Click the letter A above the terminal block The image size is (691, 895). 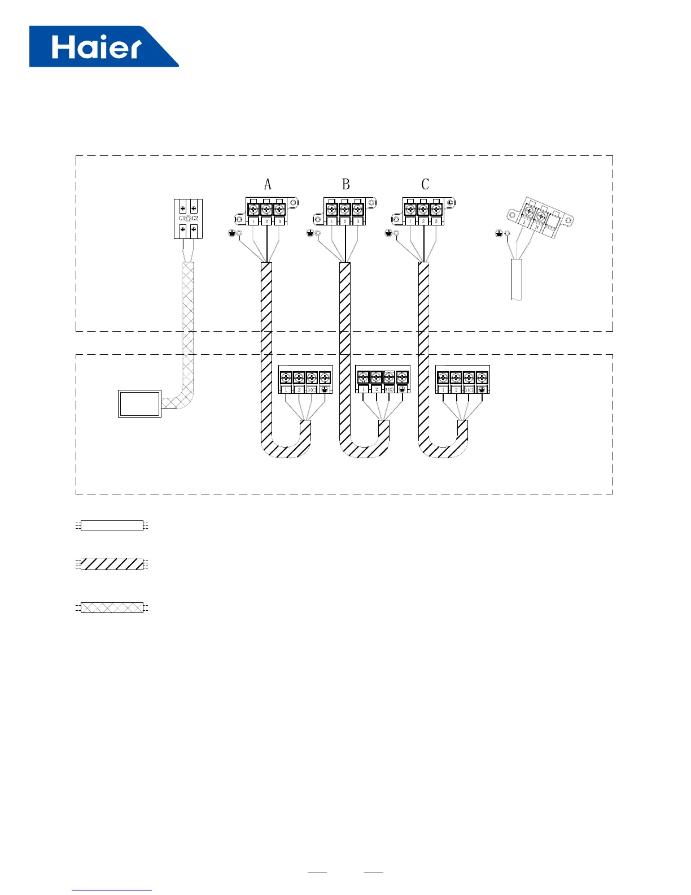(x=268, y=184)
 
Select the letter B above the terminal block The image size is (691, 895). (x=345, y=184)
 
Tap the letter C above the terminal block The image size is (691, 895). (x=425, y=184)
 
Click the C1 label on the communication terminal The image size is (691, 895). (x=182, y=218)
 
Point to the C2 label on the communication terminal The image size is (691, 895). (x=195, y=218)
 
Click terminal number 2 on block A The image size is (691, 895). (x=266, y=221)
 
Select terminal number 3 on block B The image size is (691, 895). (x=358, y=221)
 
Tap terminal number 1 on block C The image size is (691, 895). (x=410, y=221)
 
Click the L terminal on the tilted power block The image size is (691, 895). (x=526, y=223)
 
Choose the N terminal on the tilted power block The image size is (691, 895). (x=537, y=227)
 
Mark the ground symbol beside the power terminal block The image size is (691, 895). (x=498, y=233)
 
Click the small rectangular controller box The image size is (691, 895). (x=139, y=403)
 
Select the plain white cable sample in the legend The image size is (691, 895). (x=112, y=525)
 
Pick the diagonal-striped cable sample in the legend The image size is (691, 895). (x=112, y=564)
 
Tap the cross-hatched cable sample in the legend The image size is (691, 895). (x=112, y=608)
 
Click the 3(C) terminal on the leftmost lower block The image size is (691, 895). (x=312, y=390)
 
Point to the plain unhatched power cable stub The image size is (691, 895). (x=516, y=279)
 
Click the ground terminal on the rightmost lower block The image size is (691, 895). (x=482, y=390)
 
